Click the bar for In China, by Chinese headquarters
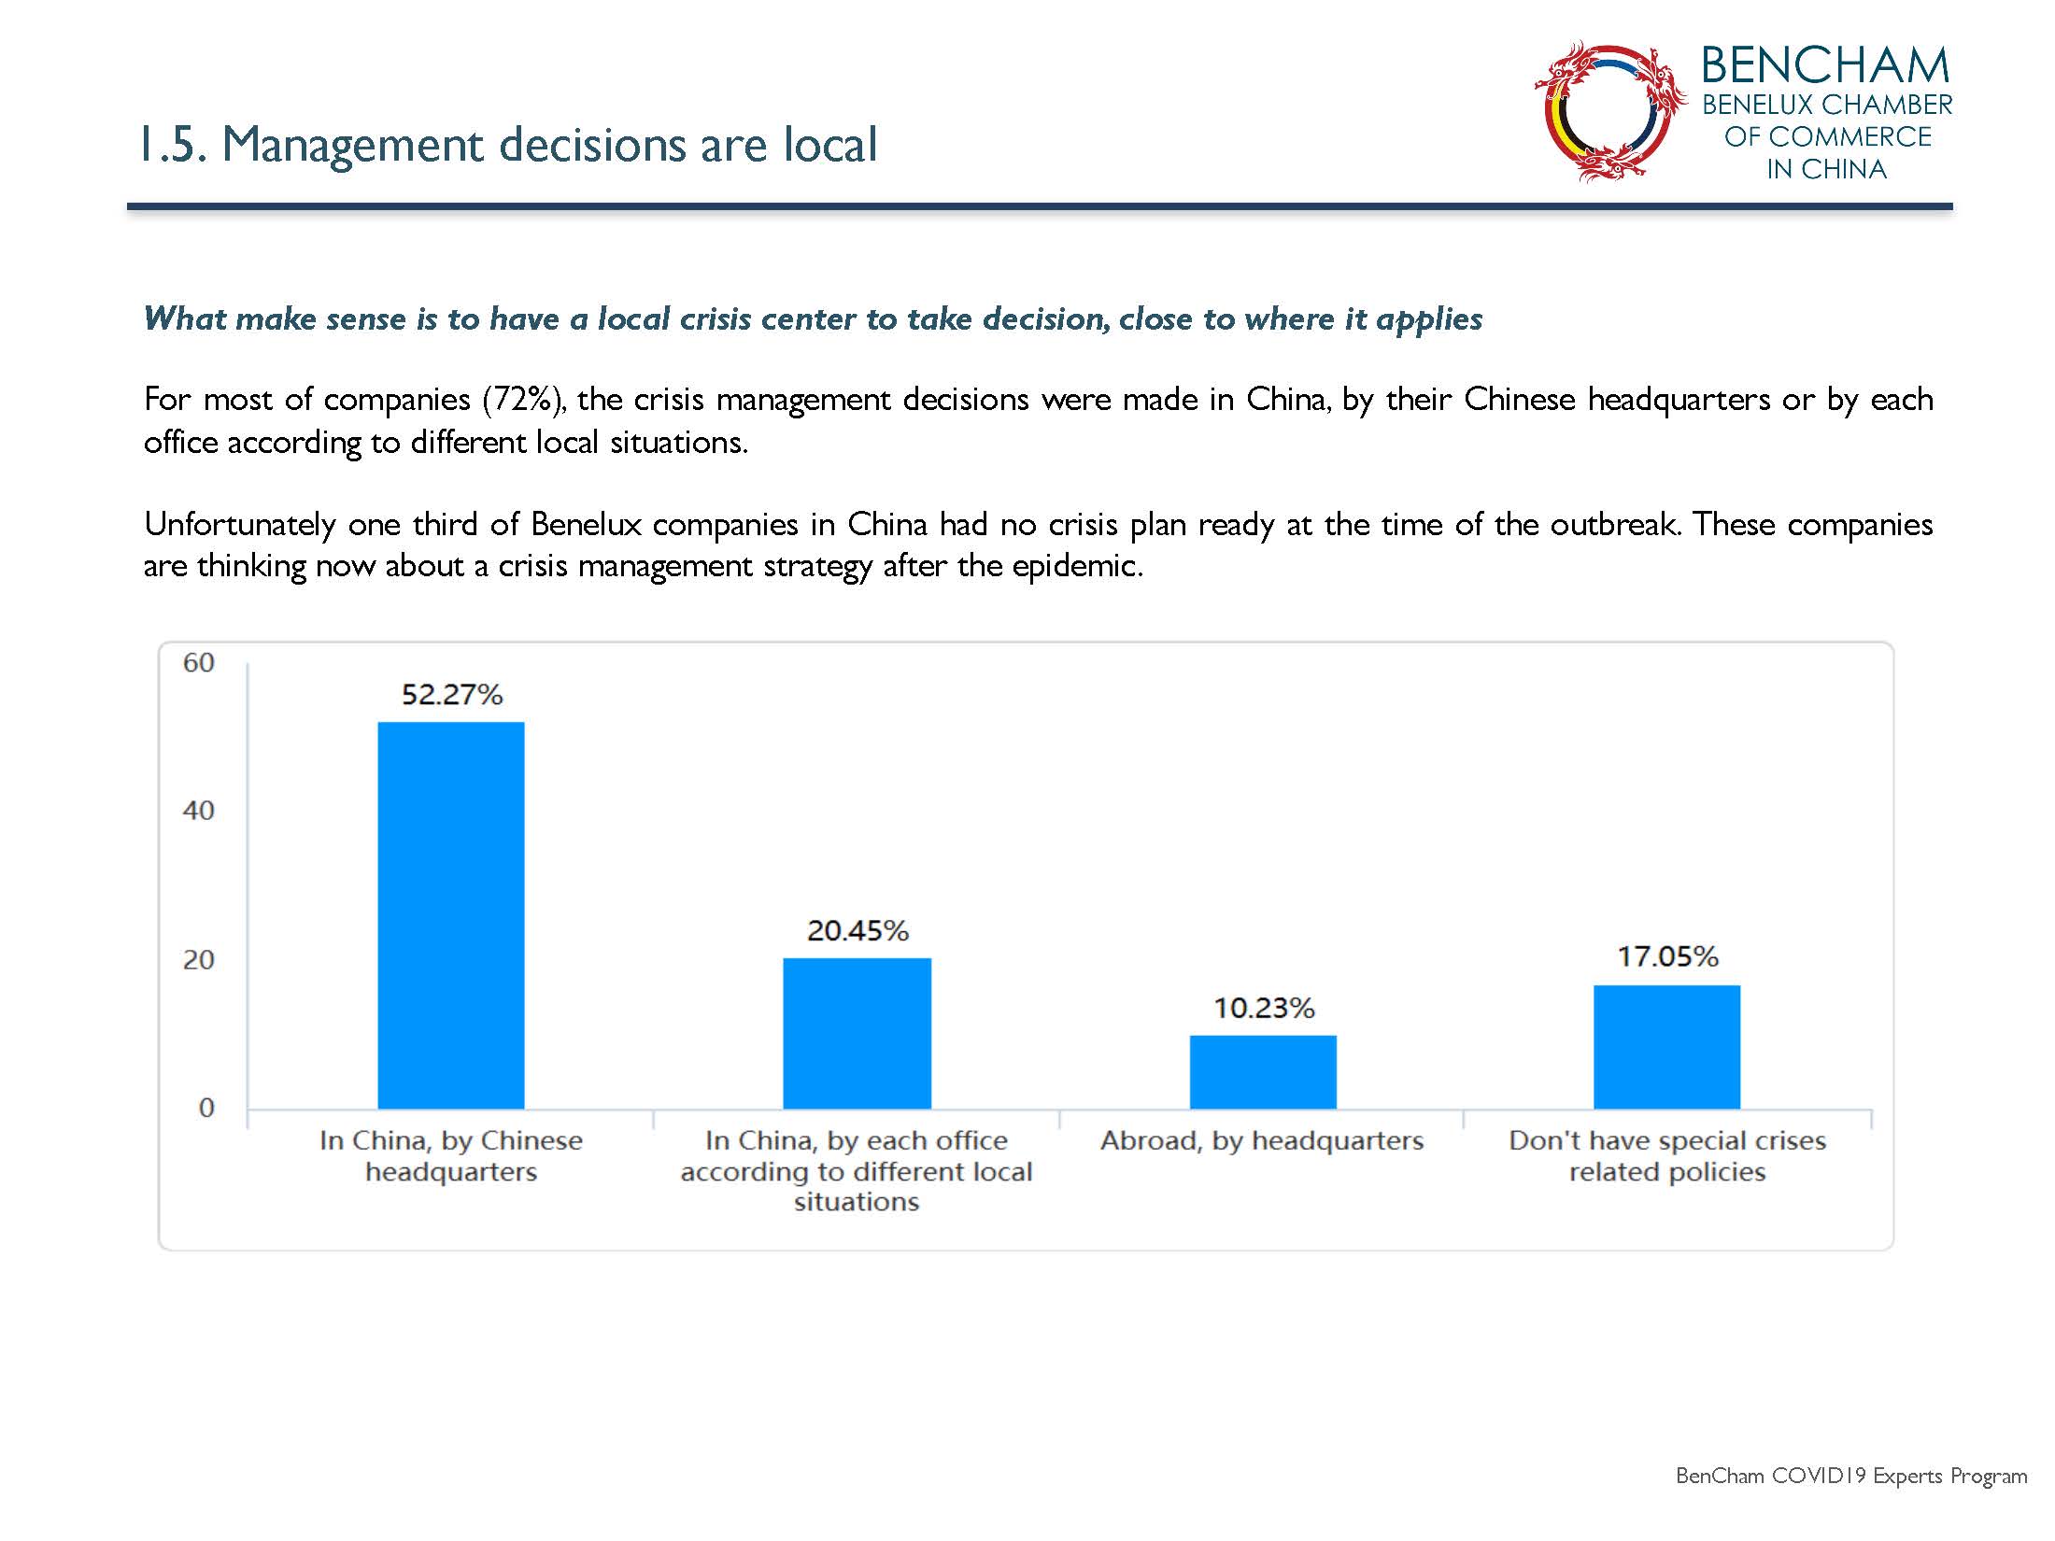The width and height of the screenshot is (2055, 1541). [x=451, y=915]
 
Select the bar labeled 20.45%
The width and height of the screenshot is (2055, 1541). [x=857, y=1034]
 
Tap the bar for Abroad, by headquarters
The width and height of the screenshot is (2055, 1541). [x=1263, y=1072]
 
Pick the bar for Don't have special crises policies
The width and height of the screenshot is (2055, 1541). [x=1667, y=1047]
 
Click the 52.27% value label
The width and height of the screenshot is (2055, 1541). [x=452, y=694]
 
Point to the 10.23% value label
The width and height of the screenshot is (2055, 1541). [x=1264, y=1008]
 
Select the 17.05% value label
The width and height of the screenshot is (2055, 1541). [x=1668, y=956]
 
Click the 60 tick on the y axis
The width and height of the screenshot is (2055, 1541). [x=199, y=663]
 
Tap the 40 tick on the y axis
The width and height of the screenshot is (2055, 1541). [x=199, y=811]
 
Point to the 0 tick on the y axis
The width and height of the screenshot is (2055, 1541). [x=206, y=1108]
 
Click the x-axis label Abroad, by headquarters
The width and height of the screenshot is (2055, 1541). [x=1262, y=1140]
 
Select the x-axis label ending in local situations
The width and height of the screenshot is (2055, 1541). [x=857, y=1171]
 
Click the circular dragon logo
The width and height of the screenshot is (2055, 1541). [x=1609, y=110]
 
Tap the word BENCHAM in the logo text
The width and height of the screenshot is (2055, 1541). [x=1825, y=65]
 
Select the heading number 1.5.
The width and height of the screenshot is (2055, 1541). [x=173, y=145]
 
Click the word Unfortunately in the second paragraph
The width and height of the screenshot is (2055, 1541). [x=240, y=524]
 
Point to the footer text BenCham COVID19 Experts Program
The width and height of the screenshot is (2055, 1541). [x=1851, y=1477]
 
